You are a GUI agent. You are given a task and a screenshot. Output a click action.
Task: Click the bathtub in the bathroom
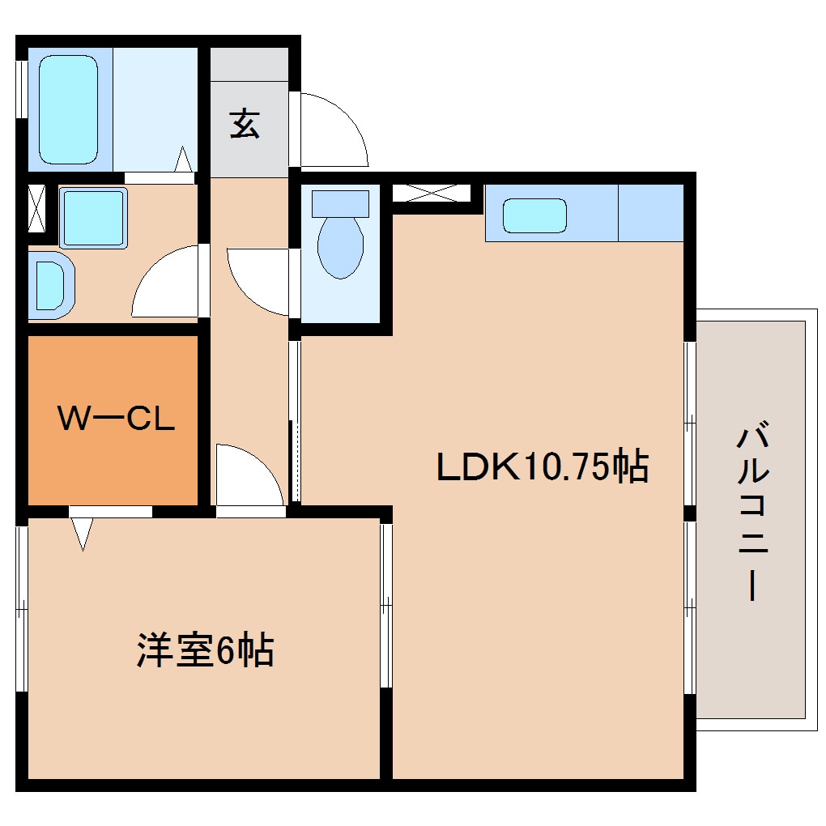[69, 108]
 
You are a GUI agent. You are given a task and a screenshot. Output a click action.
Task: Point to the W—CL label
[115, 419]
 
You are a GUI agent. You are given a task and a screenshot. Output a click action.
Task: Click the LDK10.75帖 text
[542, 466]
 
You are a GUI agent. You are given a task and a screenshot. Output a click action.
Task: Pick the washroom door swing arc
[166, 283]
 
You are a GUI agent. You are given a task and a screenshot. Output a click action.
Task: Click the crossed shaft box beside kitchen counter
[431, 193]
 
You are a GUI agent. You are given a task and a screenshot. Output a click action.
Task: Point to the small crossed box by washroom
[36, 208]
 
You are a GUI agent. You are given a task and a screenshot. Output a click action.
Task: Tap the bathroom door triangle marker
[184, 160]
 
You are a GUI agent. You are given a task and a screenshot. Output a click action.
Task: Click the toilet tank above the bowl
[340, 202]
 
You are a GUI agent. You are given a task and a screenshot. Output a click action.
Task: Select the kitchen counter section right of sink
[650, 213]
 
